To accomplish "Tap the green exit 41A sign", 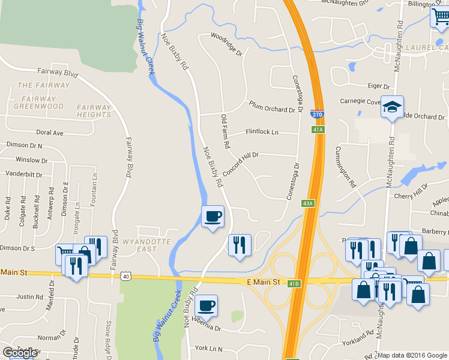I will point(318,129).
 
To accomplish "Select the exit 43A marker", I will point(308,203).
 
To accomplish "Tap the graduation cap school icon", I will point(392,107).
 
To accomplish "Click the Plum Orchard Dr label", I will point(273,106).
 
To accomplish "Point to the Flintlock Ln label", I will point(262,132).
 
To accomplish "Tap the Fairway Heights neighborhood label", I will point(94,111).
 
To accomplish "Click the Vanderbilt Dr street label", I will point(24,175).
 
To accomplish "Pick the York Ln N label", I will point(208,348).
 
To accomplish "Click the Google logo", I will point(19,353).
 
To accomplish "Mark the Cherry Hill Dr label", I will point(411,196).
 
